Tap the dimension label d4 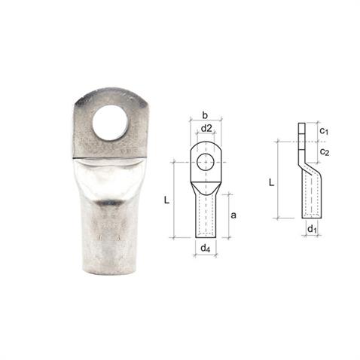[204, 249]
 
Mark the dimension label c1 [323, 132]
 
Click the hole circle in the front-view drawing [205, 161]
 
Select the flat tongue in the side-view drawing [302, 136]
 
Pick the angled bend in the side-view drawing [305, 160]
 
